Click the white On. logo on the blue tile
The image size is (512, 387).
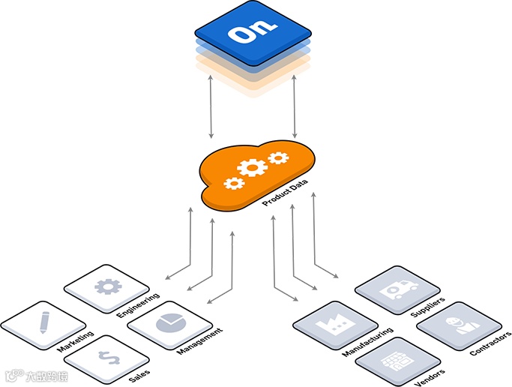coord(253,33)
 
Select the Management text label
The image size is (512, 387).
coord(199,341)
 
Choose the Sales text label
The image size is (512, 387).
coord(139,373)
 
